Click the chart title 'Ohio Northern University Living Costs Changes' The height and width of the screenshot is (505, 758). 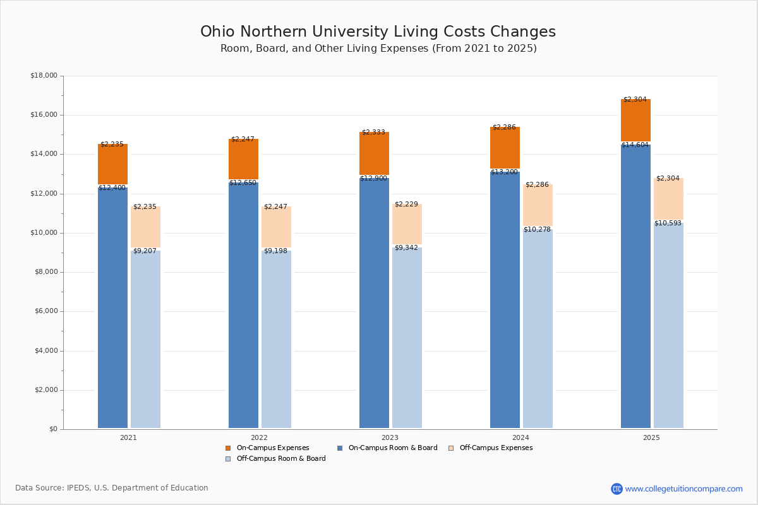(378, 32)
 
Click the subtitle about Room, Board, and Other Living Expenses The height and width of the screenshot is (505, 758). (378, 49)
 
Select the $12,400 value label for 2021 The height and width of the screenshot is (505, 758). (112, 187)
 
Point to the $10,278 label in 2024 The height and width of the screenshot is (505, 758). (537, 229)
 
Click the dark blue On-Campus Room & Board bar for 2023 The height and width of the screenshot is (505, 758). (374, 303)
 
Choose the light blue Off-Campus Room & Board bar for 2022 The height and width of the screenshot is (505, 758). (276, 341)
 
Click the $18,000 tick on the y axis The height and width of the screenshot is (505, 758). (44, 76)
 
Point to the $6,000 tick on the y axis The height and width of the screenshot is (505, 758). (45, 311)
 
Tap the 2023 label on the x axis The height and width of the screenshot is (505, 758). (390, 437)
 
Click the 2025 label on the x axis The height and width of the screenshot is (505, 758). (651, 437)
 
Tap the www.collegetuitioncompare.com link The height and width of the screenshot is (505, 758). (683, 489)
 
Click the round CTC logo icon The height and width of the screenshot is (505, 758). (617, 489)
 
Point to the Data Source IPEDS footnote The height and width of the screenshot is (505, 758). (112, 488)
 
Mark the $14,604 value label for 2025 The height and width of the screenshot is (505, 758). (635, 145)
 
